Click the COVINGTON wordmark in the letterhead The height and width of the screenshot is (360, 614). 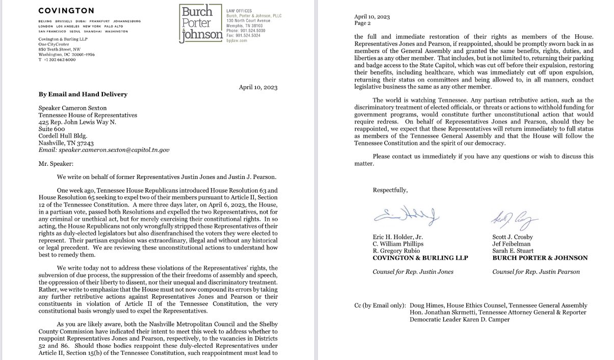tap(66, 11)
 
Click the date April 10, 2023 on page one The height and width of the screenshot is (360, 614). tap(258, 87)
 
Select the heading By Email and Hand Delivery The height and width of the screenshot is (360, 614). tap(83, 94)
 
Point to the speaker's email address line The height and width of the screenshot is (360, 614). tap(104, 150)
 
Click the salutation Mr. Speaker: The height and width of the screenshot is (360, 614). tap(56, 165)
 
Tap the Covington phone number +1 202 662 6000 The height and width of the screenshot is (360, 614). tap(57, 60)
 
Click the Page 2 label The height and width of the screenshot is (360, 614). tap(364, 23)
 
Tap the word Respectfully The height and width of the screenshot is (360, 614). tap(390, 190)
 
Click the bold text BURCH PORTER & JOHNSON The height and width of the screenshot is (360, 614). tap(540, 258)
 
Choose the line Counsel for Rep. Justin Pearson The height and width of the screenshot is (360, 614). tap(536, 272)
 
